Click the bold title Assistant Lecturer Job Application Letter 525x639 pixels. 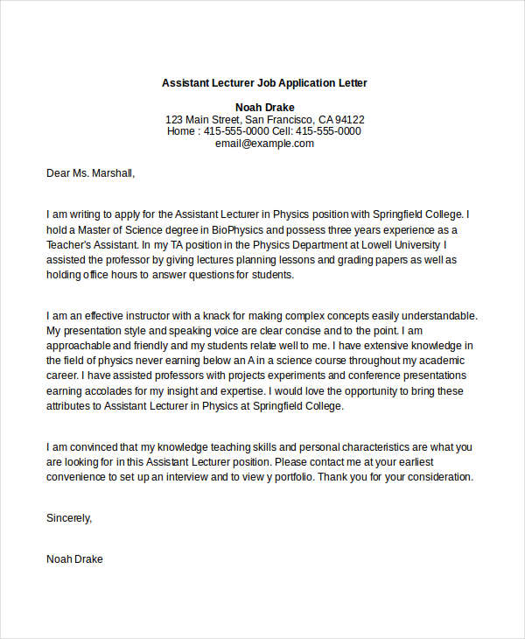coord(264,83)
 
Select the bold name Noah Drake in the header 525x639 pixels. coord(264,106)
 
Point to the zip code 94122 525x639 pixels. coord(350,119)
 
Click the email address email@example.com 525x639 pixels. coord(264,144)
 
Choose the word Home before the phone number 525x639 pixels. coord(182,131)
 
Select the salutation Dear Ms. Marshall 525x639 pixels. coord(91,173)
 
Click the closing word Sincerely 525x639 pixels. coord(68,518)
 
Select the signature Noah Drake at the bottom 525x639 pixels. coord(74,558)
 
